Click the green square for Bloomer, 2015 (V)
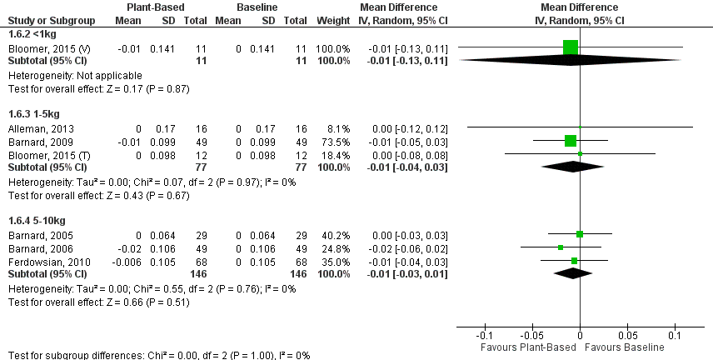point(570,47)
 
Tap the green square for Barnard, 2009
point(570,140)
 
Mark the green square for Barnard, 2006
point(561,247)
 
